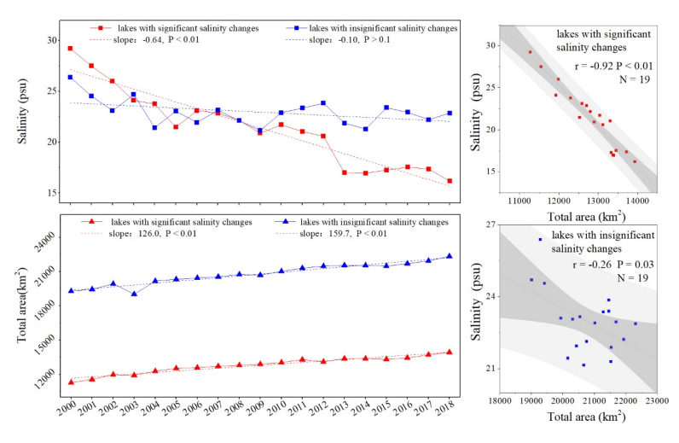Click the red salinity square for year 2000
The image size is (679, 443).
(x=70, y=49)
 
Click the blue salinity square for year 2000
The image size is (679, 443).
(x=70, y=77)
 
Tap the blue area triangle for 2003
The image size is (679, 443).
(x=133, y=294)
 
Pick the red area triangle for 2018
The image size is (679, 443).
(x=450, y=352)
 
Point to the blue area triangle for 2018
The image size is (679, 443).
(x=450, y=256)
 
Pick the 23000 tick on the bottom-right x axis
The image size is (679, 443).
(x=656, y=399)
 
